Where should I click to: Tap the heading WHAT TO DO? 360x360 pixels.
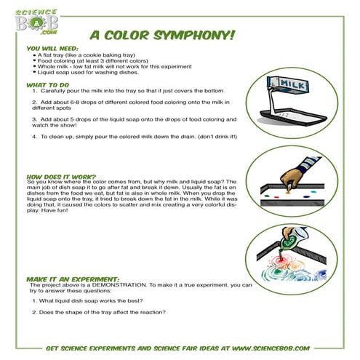coord(45,85)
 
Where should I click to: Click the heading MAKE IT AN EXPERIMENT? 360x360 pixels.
coord(69,279)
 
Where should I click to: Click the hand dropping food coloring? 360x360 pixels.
coord(291,177)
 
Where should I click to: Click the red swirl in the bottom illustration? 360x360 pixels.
coord(280,259)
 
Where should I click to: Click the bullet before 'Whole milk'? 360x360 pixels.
coord(33,66)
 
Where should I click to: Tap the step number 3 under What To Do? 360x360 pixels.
coord(33,117)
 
